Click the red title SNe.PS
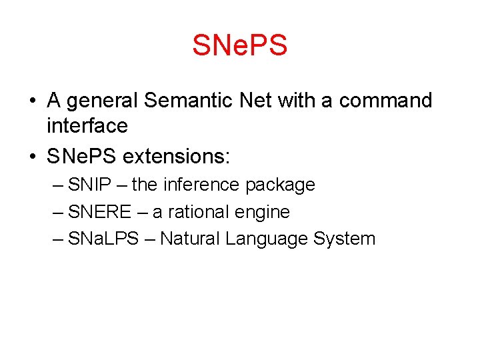(x=239, y=45)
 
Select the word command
(x=385, y=101)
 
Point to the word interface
(x=87, y=125)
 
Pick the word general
(x=101, y=101)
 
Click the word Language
(x=267, y=239)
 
